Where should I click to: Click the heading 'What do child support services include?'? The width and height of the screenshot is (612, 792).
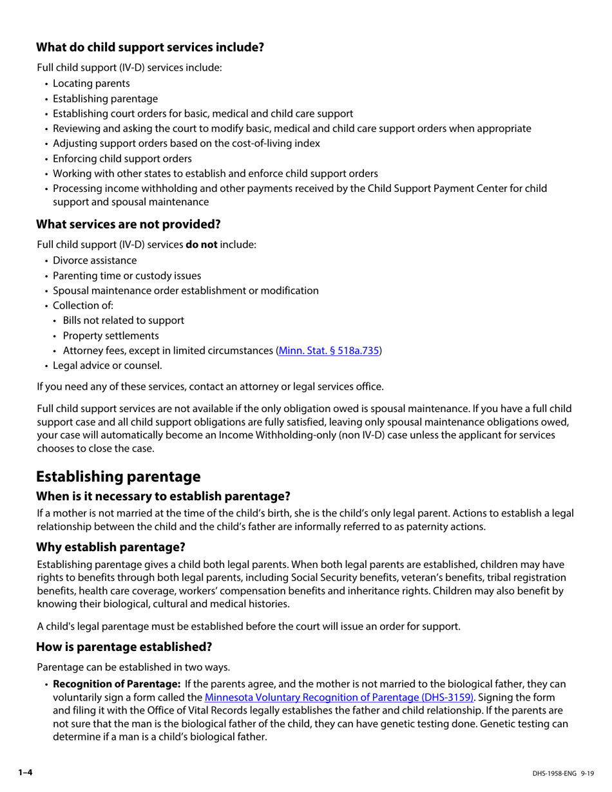pos(149,47)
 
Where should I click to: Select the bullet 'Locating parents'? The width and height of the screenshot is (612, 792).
pos(91,83)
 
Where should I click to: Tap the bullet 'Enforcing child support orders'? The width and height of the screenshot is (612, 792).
pos(122,158)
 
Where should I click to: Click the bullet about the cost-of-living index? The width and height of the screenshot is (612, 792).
pos(186,143)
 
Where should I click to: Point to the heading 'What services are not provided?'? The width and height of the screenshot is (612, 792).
pos(128,224)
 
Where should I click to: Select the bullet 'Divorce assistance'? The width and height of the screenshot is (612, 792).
pos(95,260)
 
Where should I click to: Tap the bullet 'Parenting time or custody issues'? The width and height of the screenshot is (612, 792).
pos(127,276)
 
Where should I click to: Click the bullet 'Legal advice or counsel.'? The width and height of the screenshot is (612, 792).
pos(107,366)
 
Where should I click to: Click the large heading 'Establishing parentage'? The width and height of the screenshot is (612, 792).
pos(118,476)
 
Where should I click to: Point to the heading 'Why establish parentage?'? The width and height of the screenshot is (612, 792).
pos(111,547)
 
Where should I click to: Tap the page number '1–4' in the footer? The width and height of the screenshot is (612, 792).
pos(25,772)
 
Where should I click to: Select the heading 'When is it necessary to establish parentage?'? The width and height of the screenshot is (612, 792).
pos(163,496)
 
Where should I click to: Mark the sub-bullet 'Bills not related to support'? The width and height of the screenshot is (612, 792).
pos(123,320)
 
